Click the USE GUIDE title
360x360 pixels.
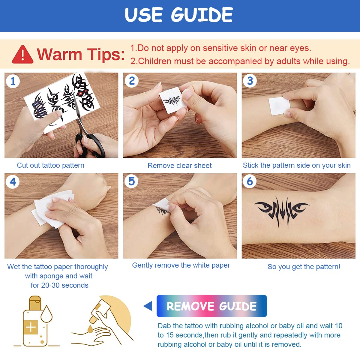point(179,15)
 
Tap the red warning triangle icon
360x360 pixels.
point(22,55)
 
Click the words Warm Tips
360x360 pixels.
point(80,55)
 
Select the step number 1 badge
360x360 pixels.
point(13,81)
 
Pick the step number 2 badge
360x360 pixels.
point(131,81)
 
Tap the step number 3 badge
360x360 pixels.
point(250,81)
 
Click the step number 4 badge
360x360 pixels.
point(13,182)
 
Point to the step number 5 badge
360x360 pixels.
point(131,181)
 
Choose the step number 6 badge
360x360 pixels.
point(250,181)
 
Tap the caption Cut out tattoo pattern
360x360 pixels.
point(50,165)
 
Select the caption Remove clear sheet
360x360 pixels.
point(179,166)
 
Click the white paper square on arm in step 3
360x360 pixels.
point(279,106)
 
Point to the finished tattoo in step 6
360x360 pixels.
point(281,210)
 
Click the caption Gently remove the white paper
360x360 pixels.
point(181,265)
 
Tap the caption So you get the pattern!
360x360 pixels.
point(304,267)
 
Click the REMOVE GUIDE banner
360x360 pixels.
point(211,306)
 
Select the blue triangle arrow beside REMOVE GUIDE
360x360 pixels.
point(148,306)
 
